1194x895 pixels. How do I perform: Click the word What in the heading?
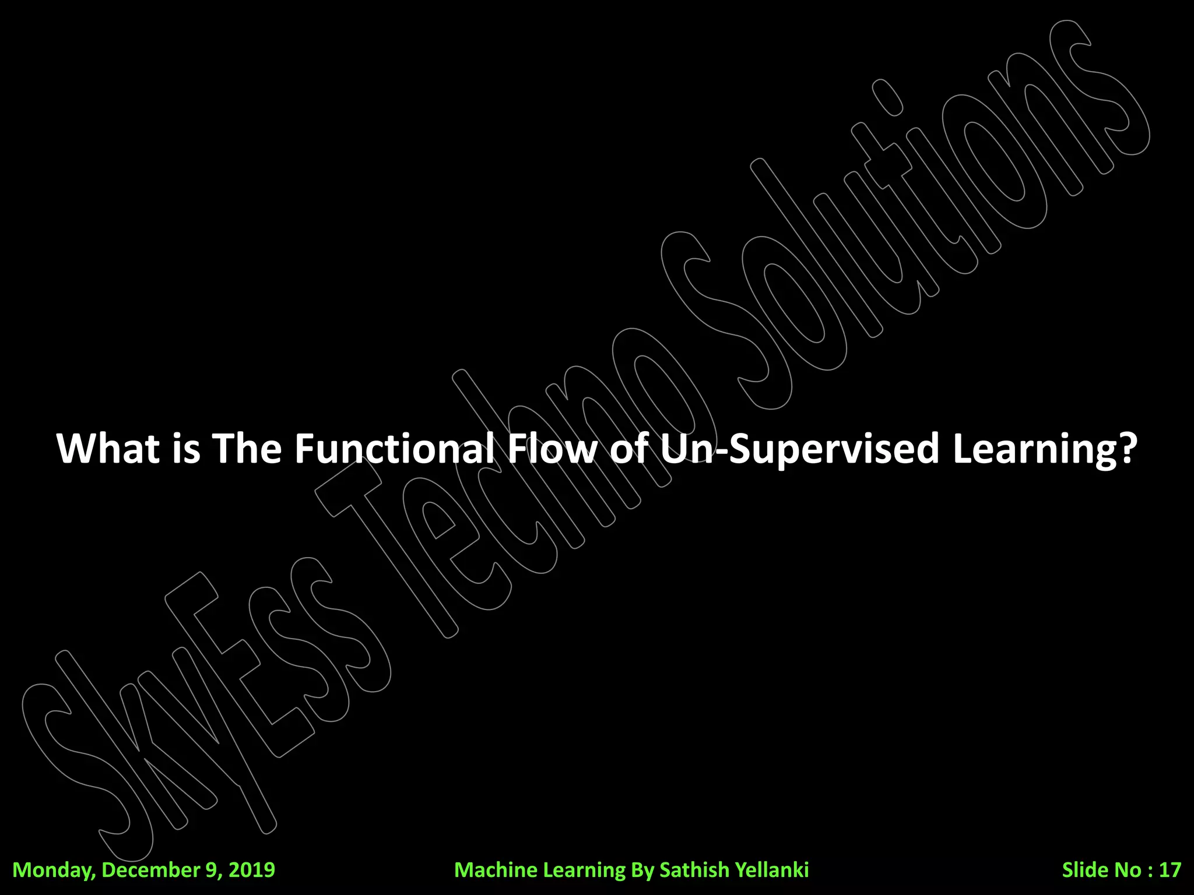point(108,448)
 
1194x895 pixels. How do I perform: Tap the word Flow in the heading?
point(553,448)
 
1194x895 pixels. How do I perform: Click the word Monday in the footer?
point(53,870)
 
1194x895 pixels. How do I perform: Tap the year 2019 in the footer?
point(251,870)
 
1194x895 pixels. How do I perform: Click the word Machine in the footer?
point(496,870)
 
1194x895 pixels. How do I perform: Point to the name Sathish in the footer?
point(694,870)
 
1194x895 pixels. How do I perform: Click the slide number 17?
point(1170,870)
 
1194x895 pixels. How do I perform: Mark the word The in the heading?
point(247,448)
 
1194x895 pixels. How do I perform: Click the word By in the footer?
point(643,870)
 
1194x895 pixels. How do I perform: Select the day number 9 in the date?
point(211,870)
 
